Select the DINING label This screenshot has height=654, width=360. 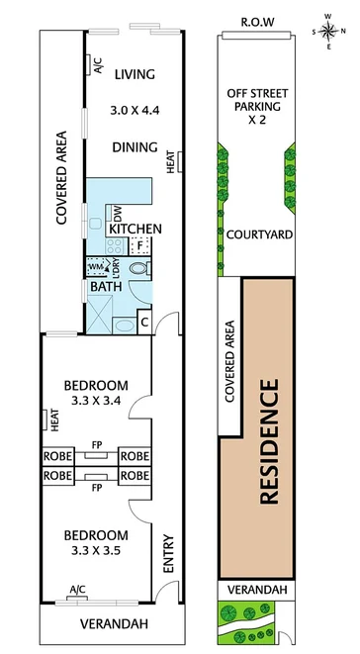coord(135,147)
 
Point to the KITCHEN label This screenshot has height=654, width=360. coord(135,229)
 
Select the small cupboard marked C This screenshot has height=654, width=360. coord(144,321)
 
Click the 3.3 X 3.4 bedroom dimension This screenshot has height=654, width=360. coord(96,401)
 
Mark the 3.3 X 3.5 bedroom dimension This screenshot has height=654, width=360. coord(96,550)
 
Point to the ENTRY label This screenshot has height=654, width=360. coord(167,555)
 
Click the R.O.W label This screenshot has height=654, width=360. coord(258,21)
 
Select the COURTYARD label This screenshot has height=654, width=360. coord(258,234)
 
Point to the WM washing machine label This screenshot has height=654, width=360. coord(96,267)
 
